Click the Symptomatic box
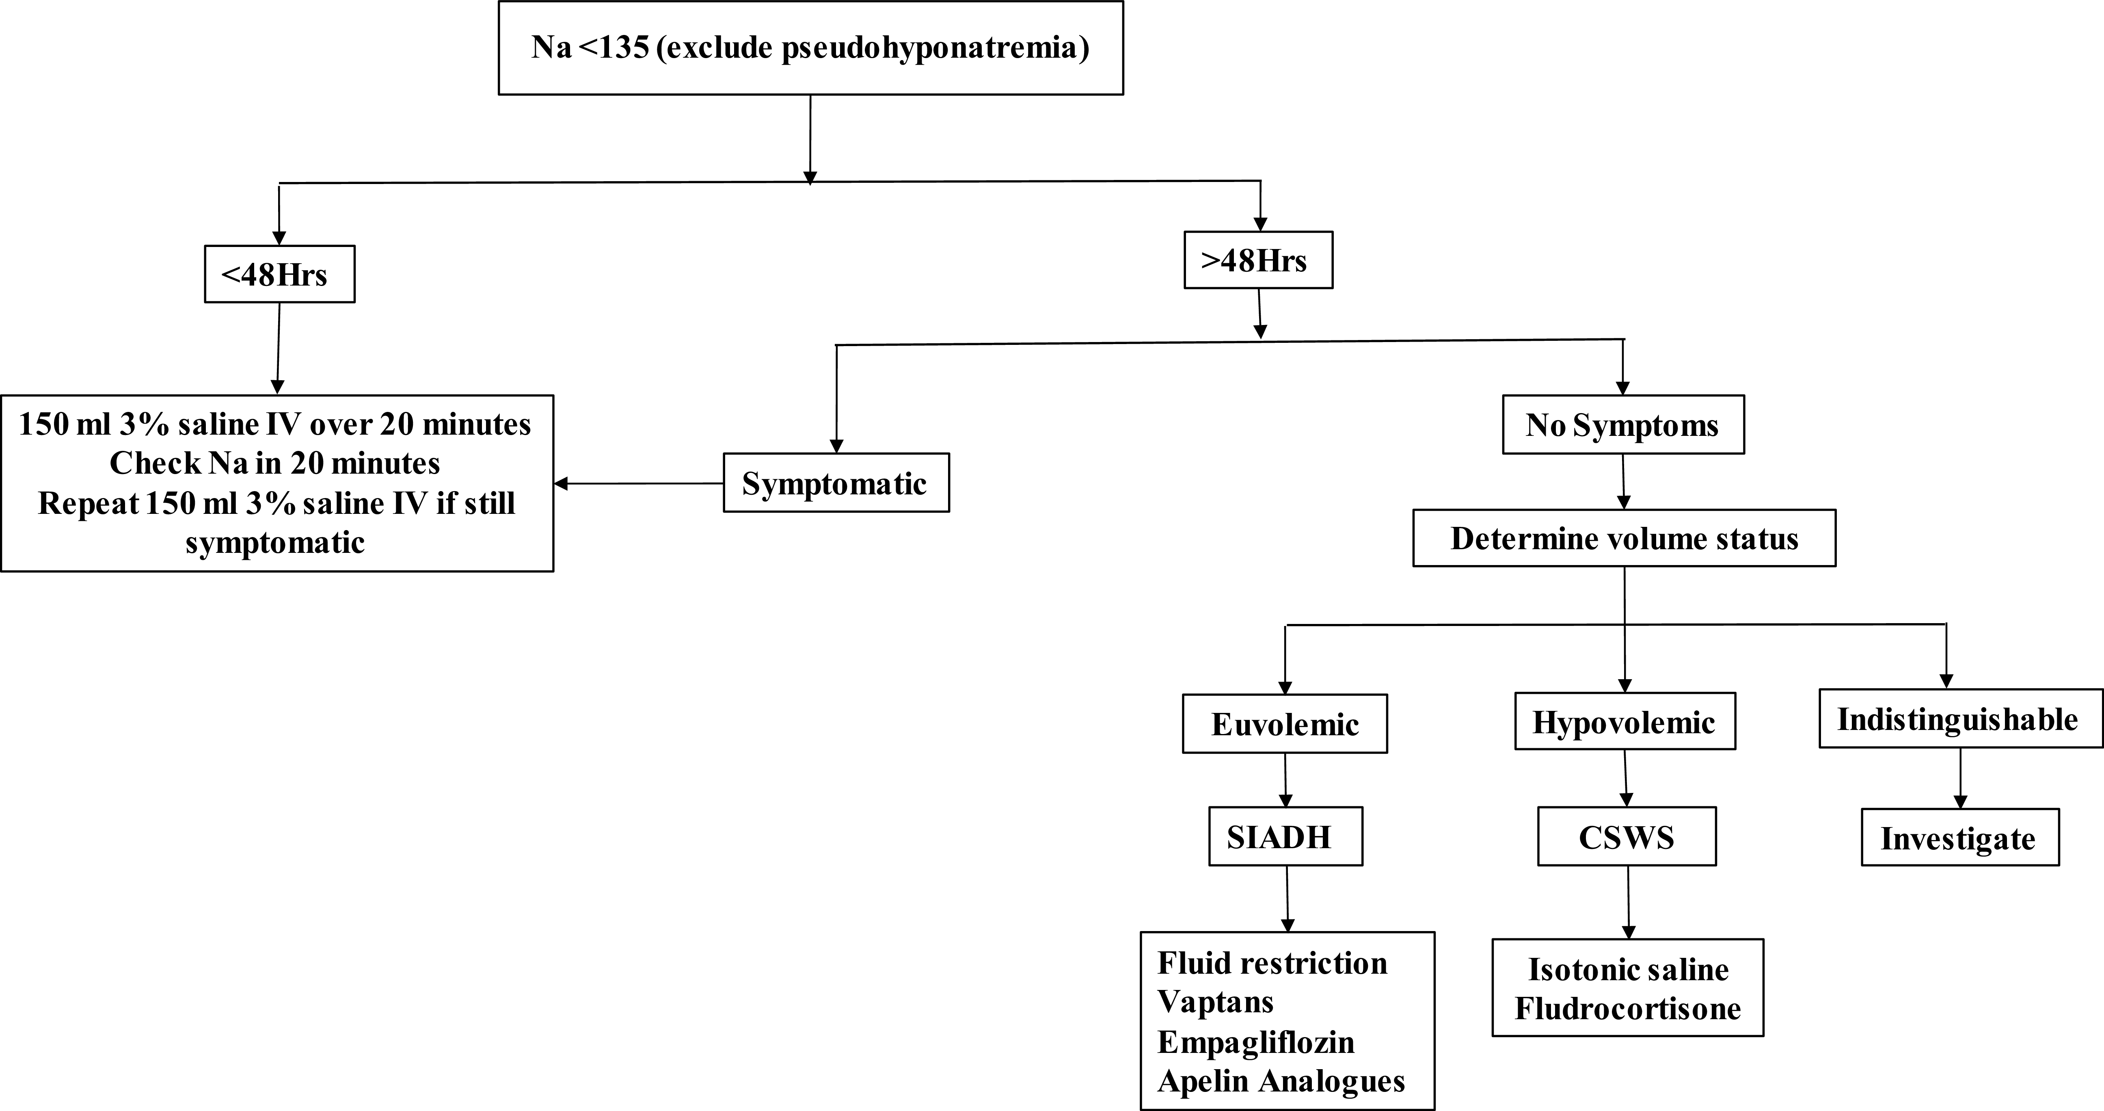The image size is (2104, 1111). click(x=836, y=484)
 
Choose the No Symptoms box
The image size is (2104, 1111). click(x=1622, y=425)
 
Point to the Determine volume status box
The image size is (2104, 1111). click(x=1624, y=538)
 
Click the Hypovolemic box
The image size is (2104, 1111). click(x=1624, y=722)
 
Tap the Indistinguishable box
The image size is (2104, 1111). click(x=1959, y=719)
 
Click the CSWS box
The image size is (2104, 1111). click(x=1626, y=837)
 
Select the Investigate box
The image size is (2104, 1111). click(x=1959, y=838)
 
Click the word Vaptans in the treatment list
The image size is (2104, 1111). click(x=1215, y=1003)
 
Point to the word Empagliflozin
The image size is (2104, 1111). click(x=1255, y=1042)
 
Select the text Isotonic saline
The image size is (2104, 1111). click(x=1628, y=970)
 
